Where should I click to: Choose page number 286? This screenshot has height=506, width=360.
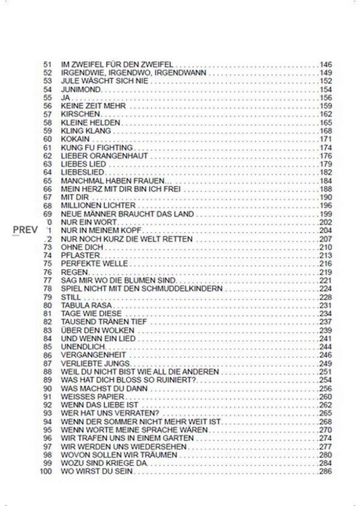click(326, 471)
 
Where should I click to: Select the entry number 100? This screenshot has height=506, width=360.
click(47, 471)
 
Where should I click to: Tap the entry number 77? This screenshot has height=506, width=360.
click(49, 281)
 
